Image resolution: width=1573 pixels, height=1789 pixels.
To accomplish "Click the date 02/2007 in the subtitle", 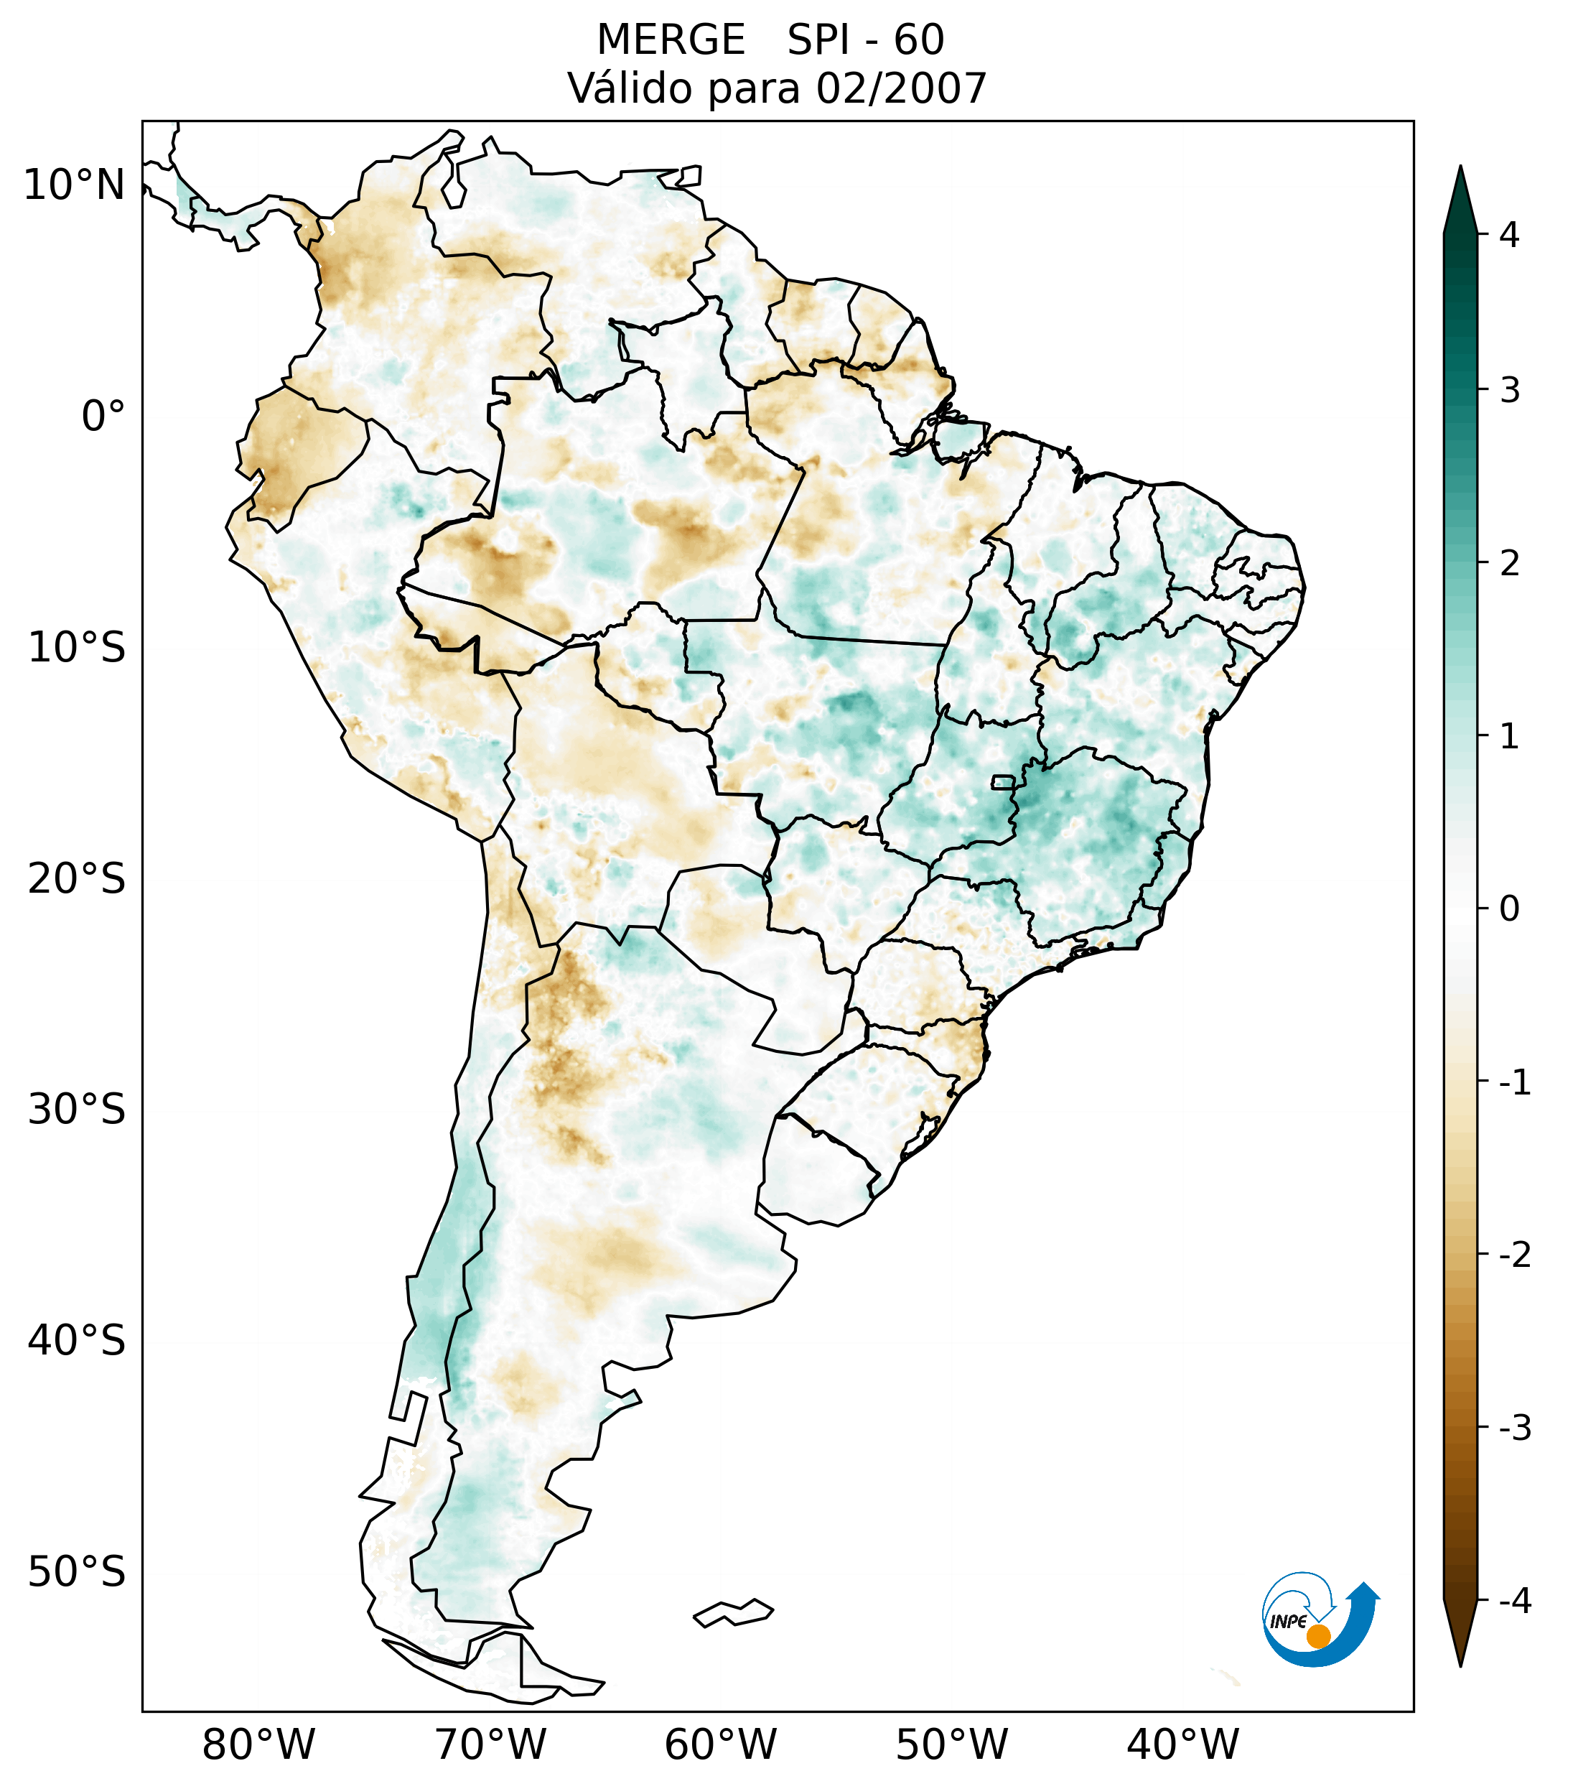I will (901, 88).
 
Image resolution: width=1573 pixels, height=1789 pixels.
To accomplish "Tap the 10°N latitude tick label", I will (73, 185).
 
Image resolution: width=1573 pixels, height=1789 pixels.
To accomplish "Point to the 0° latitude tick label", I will (103, 417).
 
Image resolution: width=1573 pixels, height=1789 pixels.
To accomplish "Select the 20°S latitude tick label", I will (77, 879).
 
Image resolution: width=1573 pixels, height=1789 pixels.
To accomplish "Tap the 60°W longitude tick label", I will (720, 1744).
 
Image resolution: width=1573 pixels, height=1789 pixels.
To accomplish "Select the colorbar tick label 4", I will (1509, 235).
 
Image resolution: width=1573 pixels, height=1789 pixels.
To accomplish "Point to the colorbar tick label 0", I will (1509, 909).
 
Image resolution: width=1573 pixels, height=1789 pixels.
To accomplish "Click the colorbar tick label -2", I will (1514, 1255).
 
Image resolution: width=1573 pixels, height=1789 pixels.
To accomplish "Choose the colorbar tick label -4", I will (1514, 1602).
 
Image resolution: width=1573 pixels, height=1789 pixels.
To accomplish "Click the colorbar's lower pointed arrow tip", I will (1460, 1665).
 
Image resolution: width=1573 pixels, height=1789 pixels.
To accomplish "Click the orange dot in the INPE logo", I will (1317, 1636).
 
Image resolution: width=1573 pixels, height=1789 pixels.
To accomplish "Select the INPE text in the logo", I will (1288, 1622).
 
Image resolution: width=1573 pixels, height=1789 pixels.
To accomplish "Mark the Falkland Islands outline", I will (733, 1612).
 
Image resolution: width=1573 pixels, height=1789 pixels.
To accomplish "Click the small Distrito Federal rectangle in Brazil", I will (1004, 781).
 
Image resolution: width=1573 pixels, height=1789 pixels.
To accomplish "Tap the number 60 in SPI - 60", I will (919, 40).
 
